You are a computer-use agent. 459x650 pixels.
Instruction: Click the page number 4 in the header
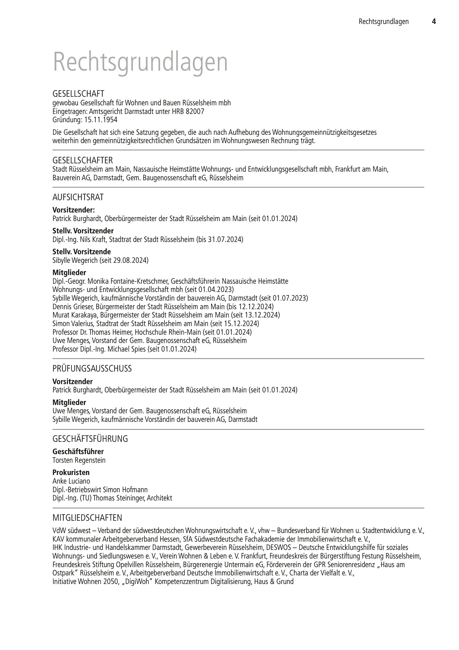click(434, 21)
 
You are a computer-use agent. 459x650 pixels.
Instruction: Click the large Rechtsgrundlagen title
click(141, 62)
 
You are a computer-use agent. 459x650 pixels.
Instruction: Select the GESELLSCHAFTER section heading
click(83, 160)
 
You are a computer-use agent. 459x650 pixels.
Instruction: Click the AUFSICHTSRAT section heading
click(78, 197)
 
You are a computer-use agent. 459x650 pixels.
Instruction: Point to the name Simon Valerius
click(72, 324)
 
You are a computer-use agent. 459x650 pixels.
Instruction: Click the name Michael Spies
click(126, 349)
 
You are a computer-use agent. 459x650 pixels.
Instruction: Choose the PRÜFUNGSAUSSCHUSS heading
click(92, 368)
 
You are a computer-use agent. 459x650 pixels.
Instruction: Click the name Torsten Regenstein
click(79, 460)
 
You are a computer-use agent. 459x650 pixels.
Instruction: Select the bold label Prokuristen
click(71, 472)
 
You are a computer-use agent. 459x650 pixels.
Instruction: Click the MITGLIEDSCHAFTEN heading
click(87, 518)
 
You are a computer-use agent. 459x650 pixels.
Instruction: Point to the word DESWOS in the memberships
click(279, 547)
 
